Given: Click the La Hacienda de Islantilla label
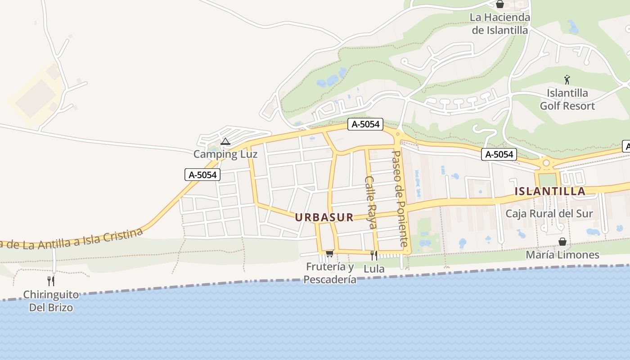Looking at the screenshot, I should coord(499,24).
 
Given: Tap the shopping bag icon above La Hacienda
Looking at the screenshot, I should coord(499,4).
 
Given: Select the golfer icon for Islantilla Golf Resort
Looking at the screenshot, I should coord(567,80).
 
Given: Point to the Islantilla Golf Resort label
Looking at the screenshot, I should coord(567,99).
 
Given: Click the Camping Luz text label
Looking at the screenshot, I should coord(225,154).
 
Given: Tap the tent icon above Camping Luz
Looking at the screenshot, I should coord(225,142).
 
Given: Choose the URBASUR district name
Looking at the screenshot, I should coord(324,217).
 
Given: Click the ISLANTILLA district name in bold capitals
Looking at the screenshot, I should coord(550,191).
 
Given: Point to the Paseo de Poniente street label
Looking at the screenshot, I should coord(400,198).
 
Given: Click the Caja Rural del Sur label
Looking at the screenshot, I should coord(549,213).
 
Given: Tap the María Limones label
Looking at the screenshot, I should coord(562,255).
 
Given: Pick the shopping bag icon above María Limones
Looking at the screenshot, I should coord(562,242).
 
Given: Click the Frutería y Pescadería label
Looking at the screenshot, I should coord(330,273).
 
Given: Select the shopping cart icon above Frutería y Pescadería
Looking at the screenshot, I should coord(329,254).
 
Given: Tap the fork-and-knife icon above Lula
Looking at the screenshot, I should coord(374,255).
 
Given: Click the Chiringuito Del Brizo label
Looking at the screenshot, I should coord(51,301).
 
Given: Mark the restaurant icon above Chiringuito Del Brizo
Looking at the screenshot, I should coord(51,281).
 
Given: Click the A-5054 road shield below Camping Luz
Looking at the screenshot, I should coord(202,175).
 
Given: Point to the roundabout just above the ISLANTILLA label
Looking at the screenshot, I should coord(546,163).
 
